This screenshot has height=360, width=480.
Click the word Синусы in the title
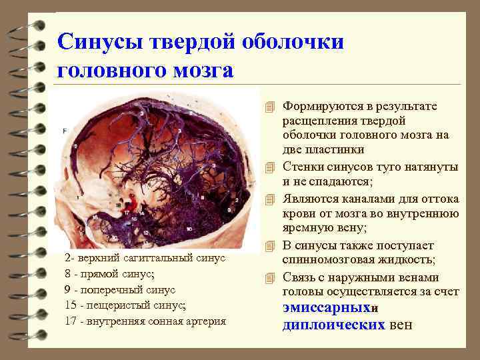(x=97, y=41)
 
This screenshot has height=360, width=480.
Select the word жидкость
(x=409, y=259)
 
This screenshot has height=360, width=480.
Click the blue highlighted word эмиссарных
(x=325, y=309)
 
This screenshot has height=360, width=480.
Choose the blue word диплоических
(x=334, y=325)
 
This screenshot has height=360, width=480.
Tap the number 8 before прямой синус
(x=67, y=273)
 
